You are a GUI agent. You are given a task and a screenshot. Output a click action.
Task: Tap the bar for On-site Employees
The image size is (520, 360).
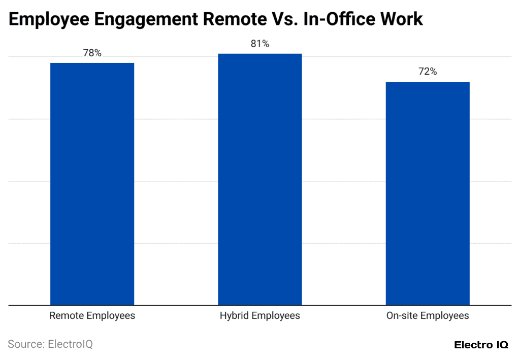point(427,193)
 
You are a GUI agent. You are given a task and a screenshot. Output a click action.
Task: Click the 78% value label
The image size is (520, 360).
point(92,53)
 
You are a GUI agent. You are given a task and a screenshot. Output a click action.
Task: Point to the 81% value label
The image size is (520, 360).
point(259,44)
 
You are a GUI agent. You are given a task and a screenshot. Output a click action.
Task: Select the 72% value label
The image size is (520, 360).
point(427,72)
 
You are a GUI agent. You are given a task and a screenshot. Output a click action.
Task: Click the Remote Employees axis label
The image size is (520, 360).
point(92,316)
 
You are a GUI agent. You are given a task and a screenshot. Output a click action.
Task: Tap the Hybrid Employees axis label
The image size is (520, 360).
point(259,316)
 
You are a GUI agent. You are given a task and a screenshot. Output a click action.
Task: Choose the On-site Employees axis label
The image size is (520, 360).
point(427,316)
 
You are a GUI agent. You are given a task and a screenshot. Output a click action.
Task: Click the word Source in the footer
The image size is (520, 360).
point(25,344)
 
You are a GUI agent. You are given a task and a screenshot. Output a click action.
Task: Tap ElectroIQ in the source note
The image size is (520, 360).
point(70,344)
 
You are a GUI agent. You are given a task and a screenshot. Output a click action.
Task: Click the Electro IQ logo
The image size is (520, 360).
point(481,345)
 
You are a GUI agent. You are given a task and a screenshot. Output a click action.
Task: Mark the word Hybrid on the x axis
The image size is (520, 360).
point(234,316)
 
